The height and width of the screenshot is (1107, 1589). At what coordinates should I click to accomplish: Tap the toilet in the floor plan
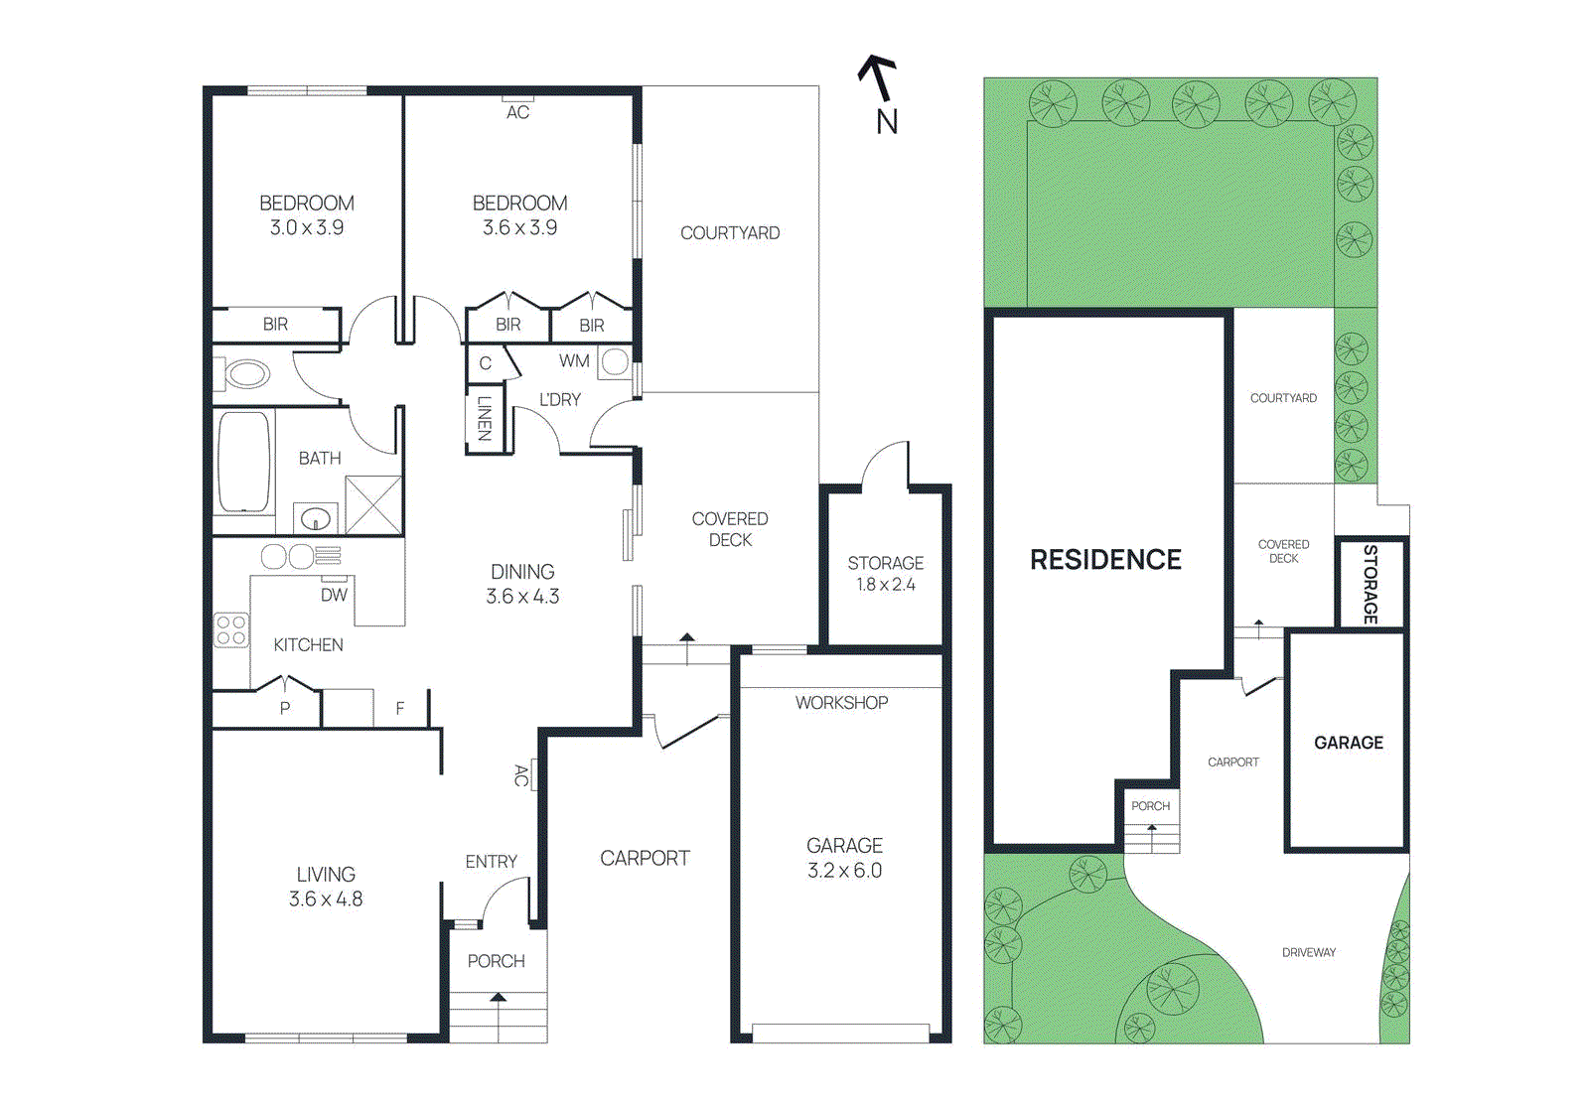(245, 375)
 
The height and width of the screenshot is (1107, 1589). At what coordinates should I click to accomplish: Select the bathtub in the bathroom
(243, 462)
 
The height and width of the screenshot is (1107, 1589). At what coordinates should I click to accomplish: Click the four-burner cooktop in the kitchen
(231, 630)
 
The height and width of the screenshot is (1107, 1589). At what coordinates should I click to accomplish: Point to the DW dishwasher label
(334, 595)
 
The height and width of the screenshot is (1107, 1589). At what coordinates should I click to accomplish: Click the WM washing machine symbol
(615, 361)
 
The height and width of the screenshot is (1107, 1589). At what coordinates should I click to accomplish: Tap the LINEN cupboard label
(485, 419)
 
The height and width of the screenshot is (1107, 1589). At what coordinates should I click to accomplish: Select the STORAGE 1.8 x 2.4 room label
(885, 573)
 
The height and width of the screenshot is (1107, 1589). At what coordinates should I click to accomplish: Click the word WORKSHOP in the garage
(841, 702)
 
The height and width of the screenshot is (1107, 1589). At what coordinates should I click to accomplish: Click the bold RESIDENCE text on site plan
(1105, 560)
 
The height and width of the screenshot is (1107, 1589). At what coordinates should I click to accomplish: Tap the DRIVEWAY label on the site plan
(1308, 952)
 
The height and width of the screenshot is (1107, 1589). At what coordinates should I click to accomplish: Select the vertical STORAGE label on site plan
(1371, 584)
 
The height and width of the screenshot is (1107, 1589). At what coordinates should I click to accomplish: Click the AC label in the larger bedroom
(517, 112)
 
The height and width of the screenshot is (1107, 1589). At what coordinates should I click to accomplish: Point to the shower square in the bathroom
(373, 504)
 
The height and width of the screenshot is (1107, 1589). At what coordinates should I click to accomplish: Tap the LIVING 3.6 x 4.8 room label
(326, 887)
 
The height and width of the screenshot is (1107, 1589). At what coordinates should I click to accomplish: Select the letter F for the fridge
(400, 708)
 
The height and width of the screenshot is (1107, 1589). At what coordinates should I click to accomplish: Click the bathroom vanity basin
(316, 518)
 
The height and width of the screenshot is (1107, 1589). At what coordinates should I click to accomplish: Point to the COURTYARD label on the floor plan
(730, 233)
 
